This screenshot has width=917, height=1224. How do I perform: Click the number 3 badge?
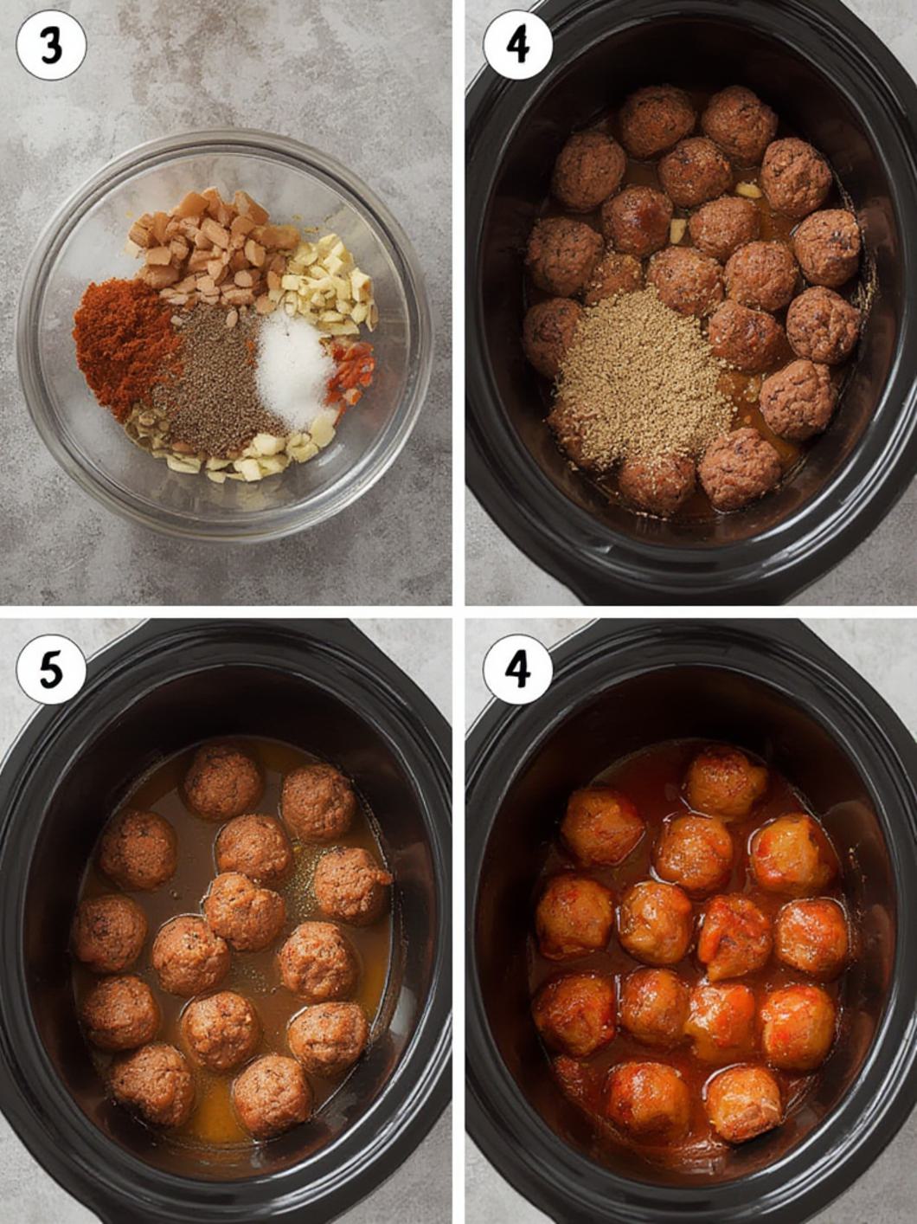[51, 46]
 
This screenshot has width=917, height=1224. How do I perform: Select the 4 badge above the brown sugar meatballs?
[517, 46]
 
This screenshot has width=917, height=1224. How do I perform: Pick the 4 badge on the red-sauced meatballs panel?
[517, 669]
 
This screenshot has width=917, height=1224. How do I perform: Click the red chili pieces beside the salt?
[351, 370]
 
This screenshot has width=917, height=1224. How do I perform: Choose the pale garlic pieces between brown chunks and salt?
[329, 285]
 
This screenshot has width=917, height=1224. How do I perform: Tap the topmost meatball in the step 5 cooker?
[223, 782]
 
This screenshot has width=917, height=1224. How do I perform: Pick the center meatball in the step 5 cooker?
[244, 912]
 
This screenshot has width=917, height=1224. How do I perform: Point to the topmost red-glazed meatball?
[725, 783]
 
